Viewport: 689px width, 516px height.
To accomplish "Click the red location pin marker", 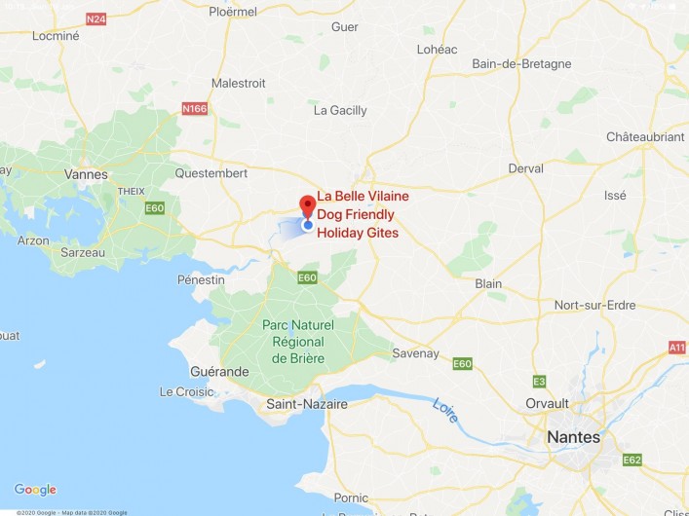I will (x=307, y=206).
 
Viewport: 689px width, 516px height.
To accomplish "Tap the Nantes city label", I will (x=573, y=437).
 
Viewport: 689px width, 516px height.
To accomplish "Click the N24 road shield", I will (x=96, y=19).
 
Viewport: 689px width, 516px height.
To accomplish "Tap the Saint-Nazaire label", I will (x=307, y=402).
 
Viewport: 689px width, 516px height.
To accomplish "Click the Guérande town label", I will (x=219, y=372).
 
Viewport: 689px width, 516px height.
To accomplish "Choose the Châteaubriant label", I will (x=644, y=137).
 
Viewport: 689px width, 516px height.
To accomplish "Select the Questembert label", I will (x=211, y=173).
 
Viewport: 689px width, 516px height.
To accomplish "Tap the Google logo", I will (x=35, y=490).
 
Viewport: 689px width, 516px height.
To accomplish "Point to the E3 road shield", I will (x=539, y=381).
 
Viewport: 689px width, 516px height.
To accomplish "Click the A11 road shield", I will (x=677, y=348).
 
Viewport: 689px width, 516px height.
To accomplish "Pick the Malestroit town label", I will (x=238, y=84).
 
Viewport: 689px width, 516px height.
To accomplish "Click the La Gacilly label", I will (x=340, y=111).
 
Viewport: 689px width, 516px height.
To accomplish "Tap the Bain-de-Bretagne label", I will (x=521, y=64).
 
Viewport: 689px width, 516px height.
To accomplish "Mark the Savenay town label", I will (x=415, y=353).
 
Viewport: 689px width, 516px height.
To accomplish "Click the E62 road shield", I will (x=632, y=460).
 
